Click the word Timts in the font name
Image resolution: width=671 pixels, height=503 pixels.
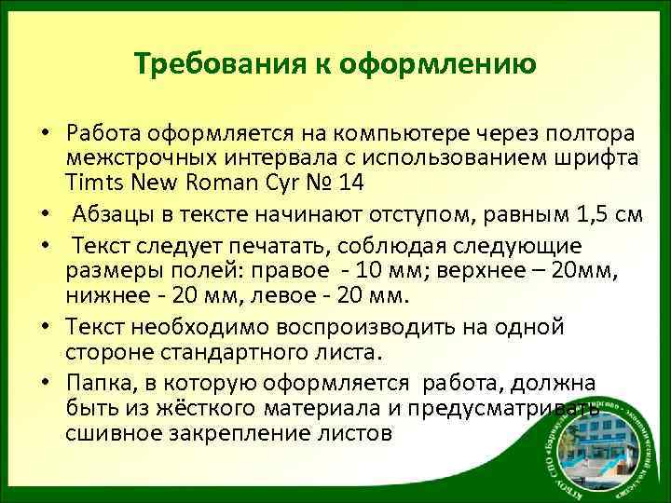91,182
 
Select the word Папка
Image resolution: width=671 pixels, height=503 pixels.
96,385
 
